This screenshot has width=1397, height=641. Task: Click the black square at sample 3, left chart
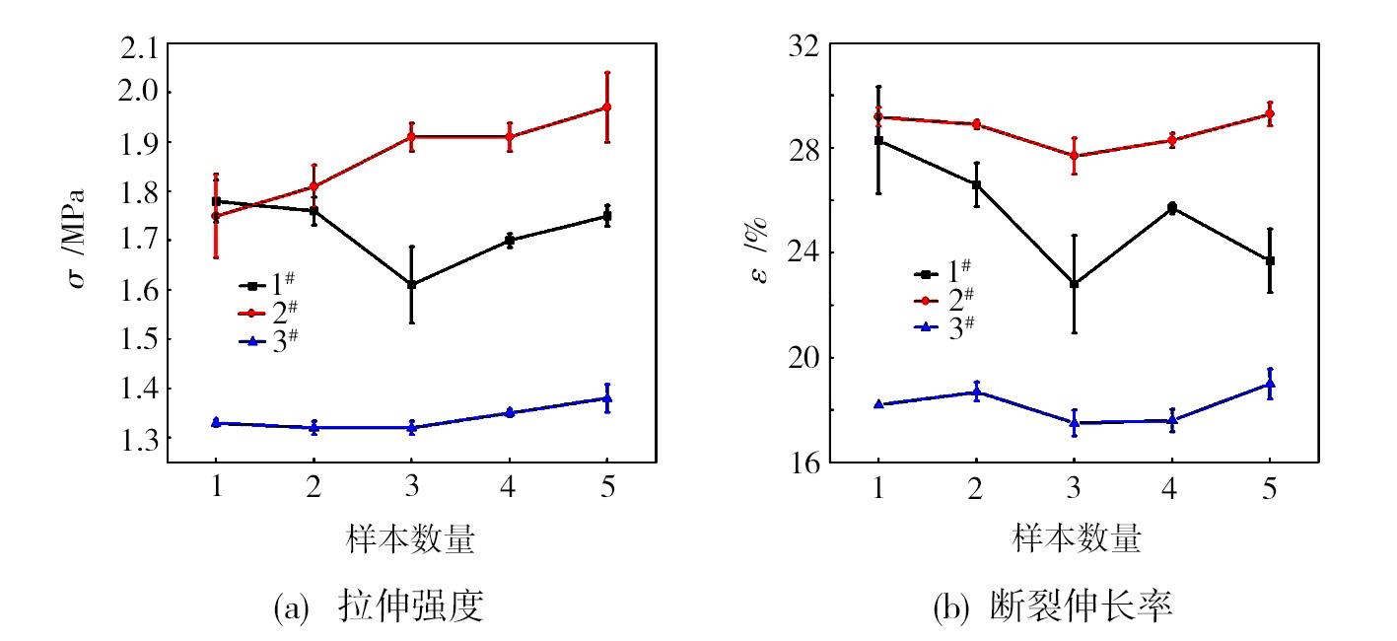click(x=411, y=285)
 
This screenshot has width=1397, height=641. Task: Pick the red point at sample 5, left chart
click(x=607, y=107)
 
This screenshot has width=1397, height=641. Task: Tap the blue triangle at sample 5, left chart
click(x=607, y=398)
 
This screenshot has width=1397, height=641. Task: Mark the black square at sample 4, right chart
click(x=1171, y=208)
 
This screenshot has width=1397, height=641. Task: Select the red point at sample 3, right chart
click(x=1074, y=156)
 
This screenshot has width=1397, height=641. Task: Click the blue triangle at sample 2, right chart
click(x=976, y=392)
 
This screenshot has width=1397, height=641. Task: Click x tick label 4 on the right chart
click(x=1171, y=489)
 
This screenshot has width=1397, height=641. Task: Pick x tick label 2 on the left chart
click(x=314, y=489)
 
